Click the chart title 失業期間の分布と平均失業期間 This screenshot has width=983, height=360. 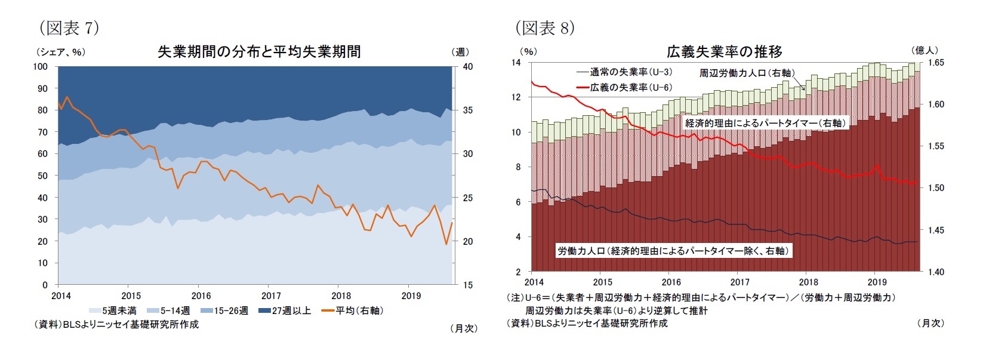click(x=258, y=52)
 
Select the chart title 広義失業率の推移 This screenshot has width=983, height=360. click(x=724, y=52)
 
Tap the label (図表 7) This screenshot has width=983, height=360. click(x=69, y=27)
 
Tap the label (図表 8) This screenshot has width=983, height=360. click(x=544, y=27)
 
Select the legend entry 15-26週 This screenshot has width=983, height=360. click(x=230, y=310)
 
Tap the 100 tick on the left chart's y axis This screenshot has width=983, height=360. click(x=41, y=66)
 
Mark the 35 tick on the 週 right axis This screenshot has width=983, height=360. click(x=467, y=110)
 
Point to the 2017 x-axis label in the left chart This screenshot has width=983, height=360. click(x=271, y=296)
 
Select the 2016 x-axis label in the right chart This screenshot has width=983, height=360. click(x=671, y=282)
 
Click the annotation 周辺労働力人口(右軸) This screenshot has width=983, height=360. click(x=747, y=73)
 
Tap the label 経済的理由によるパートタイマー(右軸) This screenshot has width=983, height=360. click(x=765, y=123)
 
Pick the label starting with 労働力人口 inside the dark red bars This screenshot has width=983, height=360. click(x=673, y=251)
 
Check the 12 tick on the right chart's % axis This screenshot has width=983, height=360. click(x=516, y=97)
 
